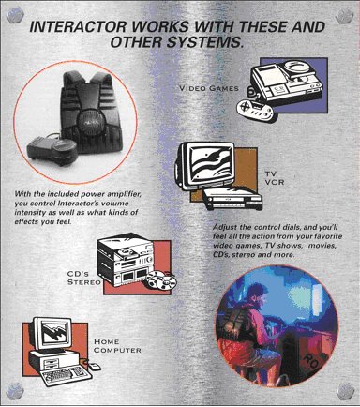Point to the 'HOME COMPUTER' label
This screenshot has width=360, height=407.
point(116,346)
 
